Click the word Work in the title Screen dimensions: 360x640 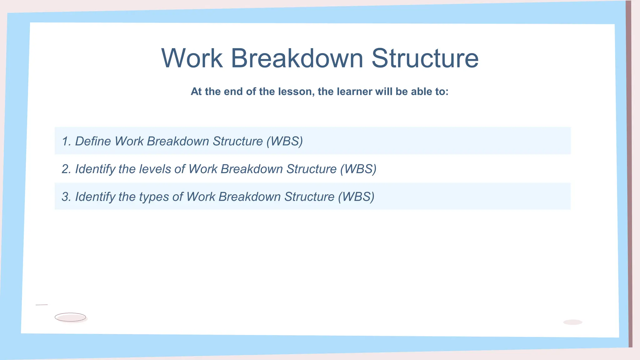point(192,58)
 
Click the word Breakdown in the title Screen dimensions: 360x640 point(297,58)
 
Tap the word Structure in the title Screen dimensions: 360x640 point(425,58)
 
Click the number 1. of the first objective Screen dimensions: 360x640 point(66,141)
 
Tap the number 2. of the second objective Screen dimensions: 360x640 point(66,169)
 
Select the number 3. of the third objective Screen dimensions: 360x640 point(66,197)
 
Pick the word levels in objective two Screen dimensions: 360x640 point(155,169)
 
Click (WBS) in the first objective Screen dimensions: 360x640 point(285,141)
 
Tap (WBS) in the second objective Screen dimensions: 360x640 point(358,169)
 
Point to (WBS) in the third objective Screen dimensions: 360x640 point(356,197)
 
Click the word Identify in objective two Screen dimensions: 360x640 point(95,169)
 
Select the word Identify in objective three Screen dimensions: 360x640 point(95,197)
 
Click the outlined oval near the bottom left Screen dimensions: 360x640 point(70,317)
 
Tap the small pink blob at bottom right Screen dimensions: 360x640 point(572,322)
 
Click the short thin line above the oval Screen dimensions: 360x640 point(42,305)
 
